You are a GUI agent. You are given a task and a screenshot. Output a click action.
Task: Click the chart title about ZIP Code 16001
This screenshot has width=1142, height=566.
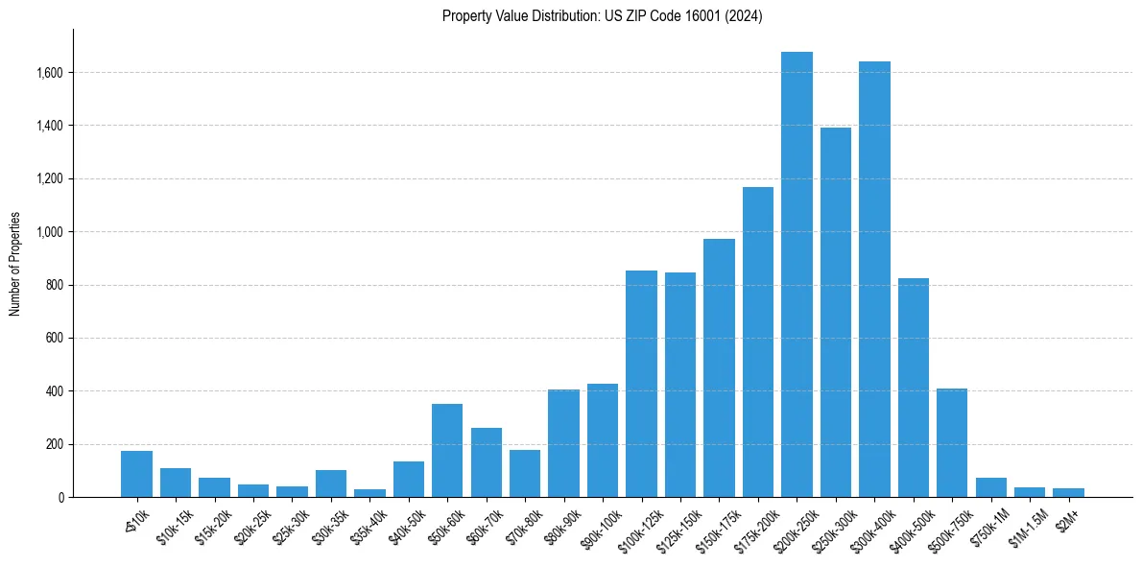pyautogui.click(x=602, y=15)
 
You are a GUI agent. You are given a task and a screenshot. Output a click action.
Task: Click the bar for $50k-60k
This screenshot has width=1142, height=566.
pyautogui.click(x=447, y=450)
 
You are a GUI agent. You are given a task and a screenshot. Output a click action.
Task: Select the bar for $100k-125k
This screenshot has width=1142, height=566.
pyautogui.click(x=641, y=384)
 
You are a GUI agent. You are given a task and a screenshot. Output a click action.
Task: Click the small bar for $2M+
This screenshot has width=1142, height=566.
pyautogui.click(x=1068, y=492)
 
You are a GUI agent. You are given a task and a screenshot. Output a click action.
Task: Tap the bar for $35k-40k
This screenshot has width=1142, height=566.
pyautogui.click(x=369, y=493)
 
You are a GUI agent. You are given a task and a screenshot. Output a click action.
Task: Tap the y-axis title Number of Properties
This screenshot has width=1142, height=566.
pyautogui.click(x=15, y=264)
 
